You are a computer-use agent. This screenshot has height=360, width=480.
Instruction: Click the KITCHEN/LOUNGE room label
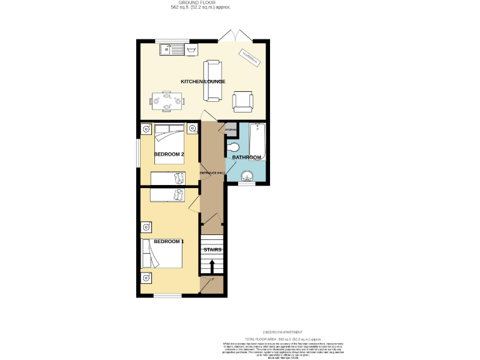point(202,82)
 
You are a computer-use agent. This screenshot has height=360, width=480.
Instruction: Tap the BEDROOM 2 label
point(169,154)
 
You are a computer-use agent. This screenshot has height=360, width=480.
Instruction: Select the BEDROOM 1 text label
point(169,241)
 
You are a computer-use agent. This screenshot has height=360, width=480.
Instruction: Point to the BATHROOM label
point(246,157)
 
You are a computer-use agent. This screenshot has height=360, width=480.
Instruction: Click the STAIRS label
point(212,249)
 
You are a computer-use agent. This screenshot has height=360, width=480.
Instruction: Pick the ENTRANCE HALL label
point(212,172)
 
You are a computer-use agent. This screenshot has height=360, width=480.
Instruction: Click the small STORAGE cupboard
point(231,130)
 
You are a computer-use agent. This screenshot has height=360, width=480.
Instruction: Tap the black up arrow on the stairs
point(212,266)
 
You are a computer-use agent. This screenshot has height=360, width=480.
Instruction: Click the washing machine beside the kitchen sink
point(191,49)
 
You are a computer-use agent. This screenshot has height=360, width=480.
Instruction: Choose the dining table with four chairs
point(167,101)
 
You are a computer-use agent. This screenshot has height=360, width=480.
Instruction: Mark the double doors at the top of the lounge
point(236,36)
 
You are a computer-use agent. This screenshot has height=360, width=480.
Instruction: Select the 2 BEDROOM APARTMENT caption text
point(282,332)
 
